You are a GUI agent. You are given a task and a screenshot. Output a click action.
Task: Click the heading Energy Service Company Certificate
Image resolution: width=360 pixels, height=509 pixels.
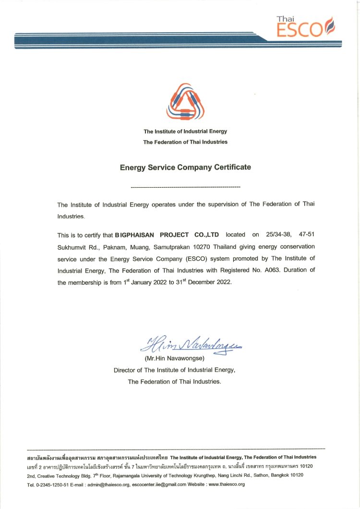click(x=185, y=168)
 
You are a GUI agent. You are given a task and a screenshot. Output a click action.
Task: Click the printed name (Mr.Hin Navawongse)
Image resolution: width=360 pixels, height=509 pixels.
click(x=175, y=359)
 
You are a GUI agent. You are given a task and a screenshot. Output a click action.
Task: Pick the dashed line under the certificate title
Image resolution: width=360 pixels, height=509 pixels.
click(x=185, y=186)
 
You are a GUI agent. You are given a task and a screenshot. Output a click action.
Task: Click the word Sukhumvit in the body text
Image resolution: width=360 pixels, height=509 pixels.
click(x=71, y=247)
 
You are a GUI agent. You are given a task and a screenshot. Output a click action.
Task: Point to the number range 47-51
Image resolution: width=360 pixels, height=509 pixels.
click(x=307, y=235)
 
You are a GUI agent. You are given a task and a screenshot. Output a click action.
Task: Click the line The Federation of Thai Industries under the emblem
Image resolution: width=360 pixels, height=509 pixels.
click(x=185, y=142)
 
